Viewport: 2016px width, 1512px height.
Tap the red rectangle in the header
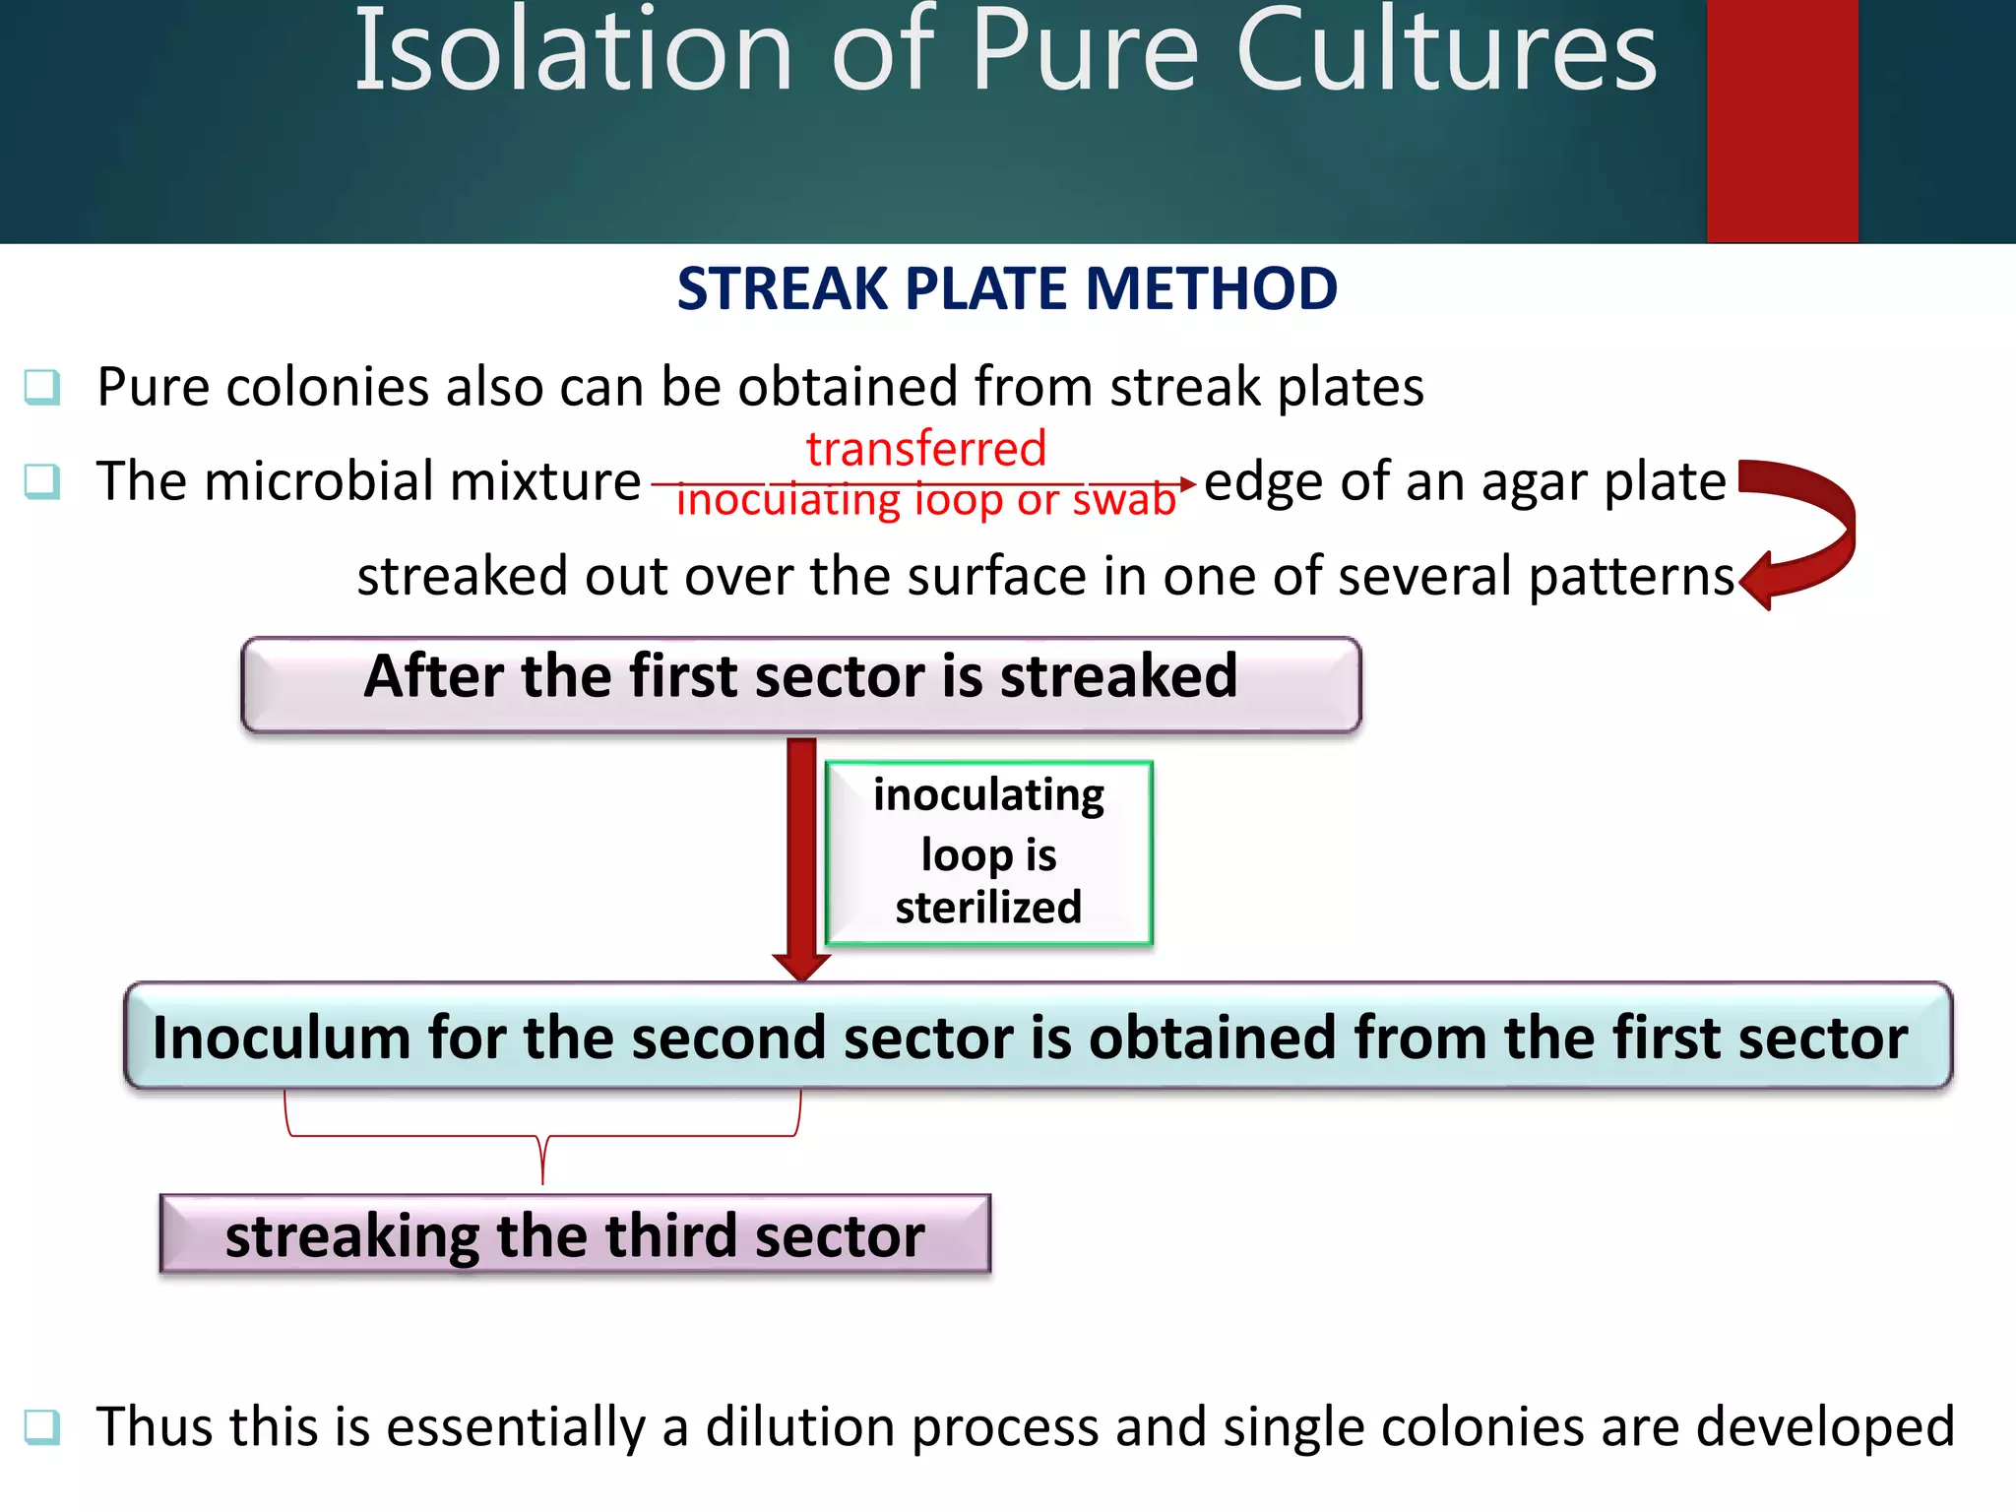point(1782,120)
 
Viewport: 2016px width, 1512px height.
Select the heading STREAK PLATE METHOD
point(1007,289)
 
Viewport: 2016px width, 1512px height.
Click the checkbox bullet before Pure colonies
point(42,387)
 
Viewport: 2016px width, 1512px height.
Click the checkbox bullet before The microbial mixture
point(42,481)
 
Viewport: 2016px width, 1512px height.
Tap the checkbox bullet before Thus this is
point(42,1426)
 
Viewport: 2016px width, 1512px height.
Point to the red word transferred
point(925,449)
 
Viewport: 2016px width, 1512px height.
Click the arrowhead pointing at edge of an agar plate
point(1187,483)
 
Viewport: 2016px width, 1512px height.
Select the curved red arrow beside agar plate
point(1807,532)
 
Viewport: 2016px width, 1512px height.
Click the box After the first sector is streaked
point(800,684)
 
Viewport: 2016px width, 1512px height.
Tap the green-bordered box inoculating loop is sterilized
point(988,852)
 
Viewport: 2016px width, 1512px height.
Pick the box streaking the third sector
point(575,1235)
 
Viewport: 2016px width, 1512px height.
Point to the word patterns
point(1630,577)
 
